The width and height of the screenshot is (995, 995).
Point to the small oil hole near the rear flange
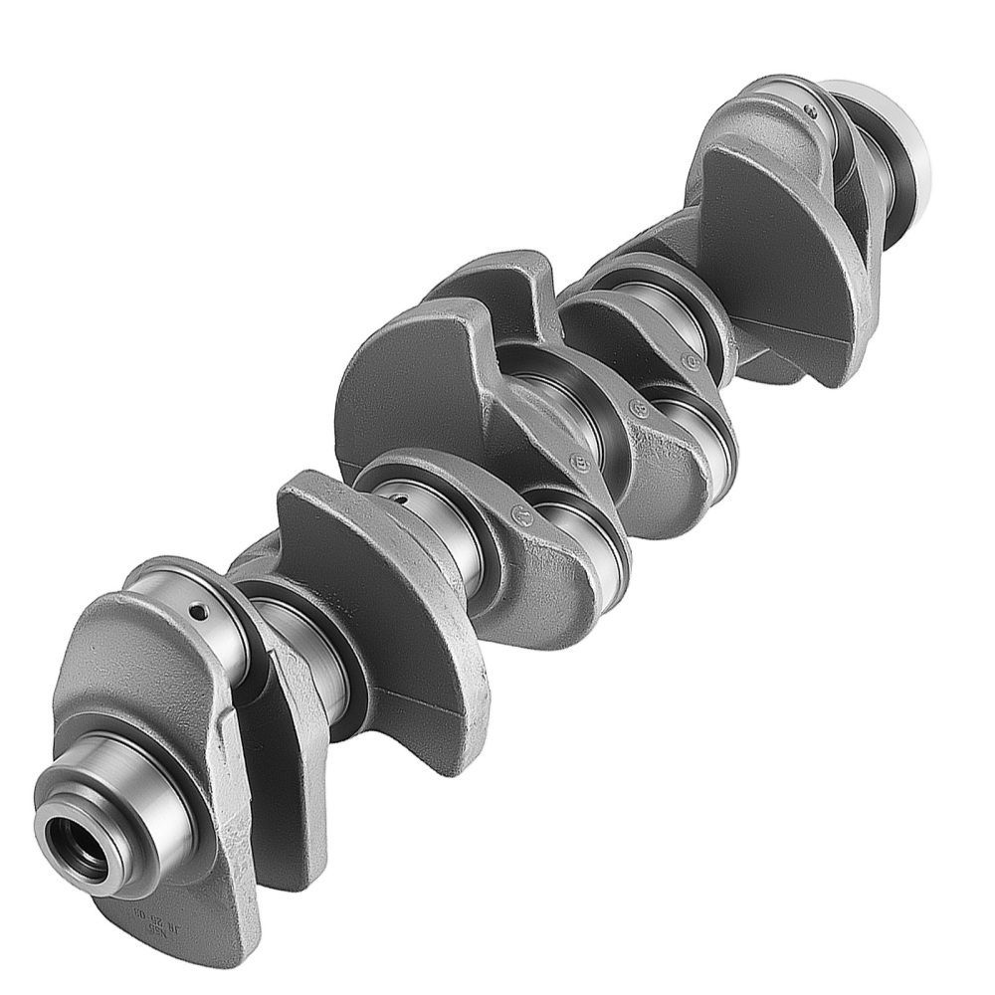pyautogui.click(x=811, y=111)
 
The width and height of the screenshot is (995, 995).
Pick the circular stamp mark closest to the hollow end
pyautogui.click(x=518, y=514)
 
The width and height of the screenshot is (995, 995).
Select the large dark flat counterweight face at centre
pyautogui.click(x=408, y=398)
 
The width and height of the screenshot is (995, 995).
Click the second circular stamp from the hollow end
pyautogui.click(x=580, y=463)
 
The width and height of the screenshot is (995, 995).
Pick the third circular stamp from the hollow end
pyautogui.click(x=637, y=407)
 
